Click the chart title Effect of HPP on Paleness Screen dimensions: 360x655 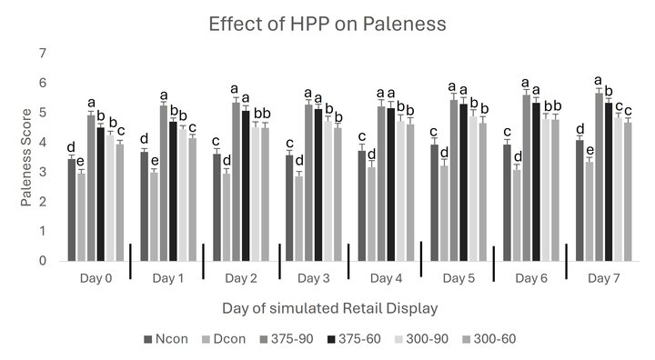coord(325,24)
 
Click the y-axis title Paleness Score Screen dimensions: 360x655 coord(28,158)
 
